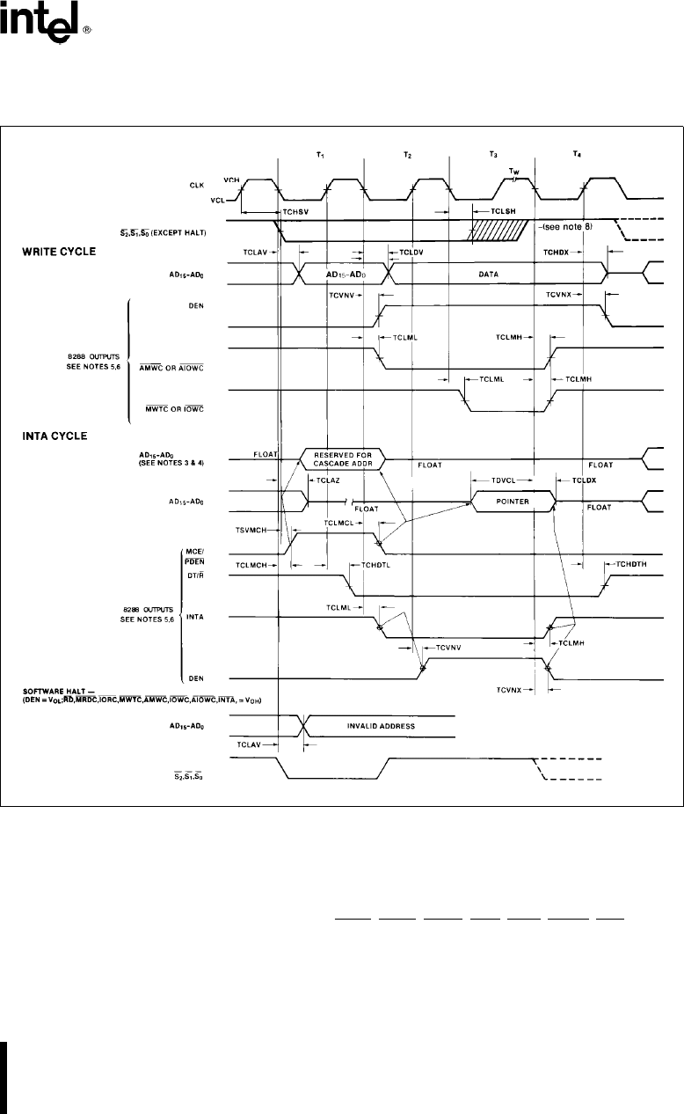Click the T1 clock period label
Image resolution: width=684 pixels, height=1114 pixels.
click(320, 155)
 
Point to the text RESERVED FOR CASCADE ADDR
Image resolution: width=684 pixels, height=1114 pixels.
click(344, 459)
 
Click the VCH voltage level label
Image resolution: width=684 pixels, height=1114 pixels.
click(232, 179)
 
